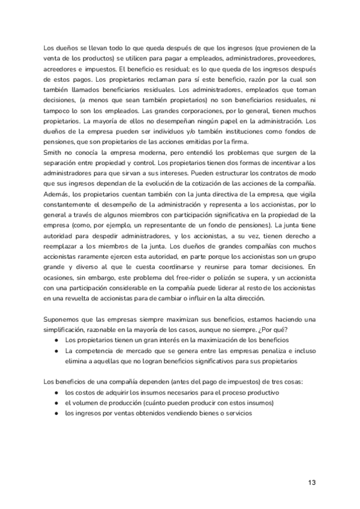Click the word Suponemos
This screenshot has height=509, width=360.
click(65, 320)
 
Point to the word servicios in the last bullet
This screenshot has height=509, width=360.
click(238, 414)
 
